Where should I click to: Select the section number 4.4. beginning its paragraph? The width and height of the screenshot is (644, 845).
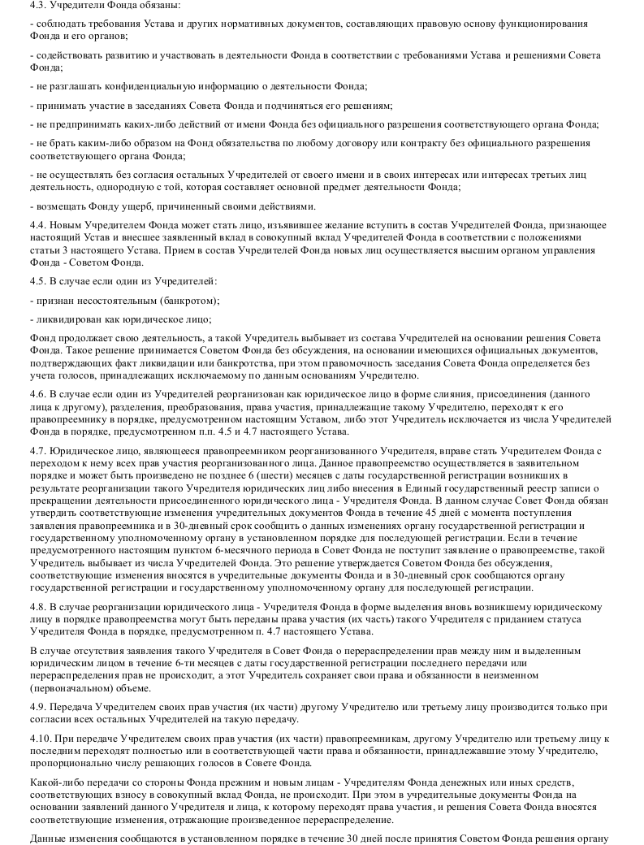(38, 223)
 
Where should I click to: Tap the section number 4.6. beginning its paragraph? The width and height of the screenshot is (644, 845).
(38, 393)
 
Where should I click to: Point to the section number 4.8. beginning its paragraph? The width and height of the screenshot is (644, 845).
(38, 607)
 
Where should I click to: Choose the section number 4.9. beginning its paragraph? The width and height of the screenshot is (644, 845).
(38, 708)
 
